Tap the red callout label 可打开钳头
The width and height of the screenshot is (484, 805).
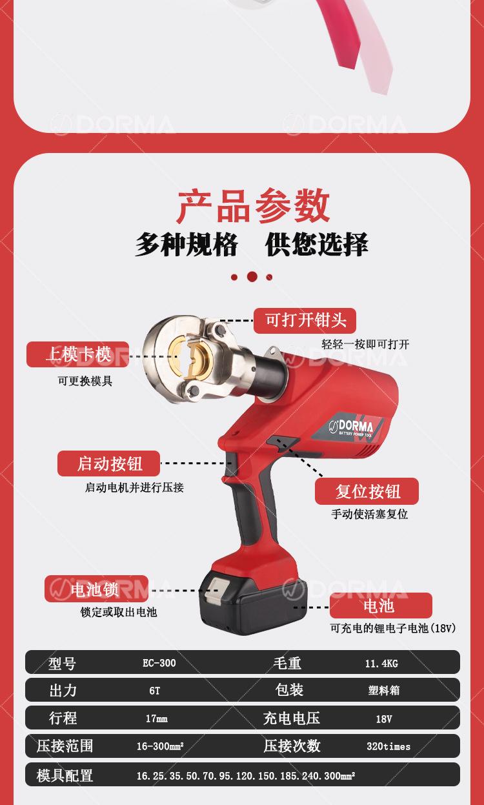point(305,320)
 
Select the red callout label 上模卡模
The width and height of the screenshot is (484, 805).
point(77,354)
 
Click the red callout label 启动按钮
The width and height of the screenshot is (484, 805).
point(108,464)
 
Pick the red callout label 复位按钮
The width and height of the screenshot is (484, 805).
point(367,491)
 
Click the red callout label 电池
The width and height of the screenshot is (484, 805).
point(380,606)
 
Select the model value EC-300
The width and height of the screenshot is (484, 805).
point(159,663)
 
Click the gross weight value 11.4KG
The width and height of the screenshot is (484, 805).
point(382,663)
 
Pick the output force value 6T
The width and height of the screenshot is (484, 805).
point(155,691)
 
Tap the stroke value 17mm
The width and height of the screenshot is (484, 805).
point(156,718)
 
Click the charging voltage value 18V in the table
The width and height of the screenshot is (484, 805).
point(383,718)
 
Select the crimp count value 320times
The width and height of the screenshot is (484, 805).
point(388,746)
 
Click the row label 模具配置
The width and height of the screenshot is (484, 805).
point(65,775)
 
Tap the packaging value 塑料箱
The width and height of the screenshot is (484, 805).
point(383,691)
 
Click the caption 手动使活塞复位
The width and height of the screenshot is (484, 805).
point(369,515)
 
